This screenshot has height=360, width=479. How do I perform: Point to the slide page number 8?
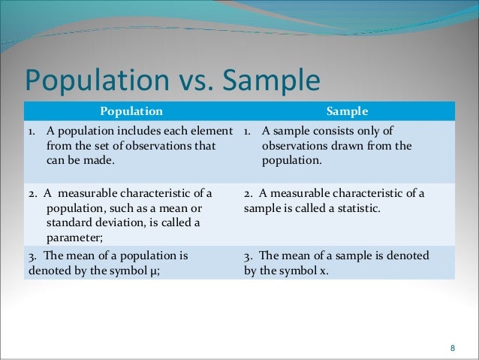[452, 347]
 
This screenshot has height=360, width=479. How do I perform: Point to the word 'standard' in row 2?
[68, 222]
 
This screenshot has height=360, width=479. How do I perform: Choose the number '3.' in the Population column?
[32, 256]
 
